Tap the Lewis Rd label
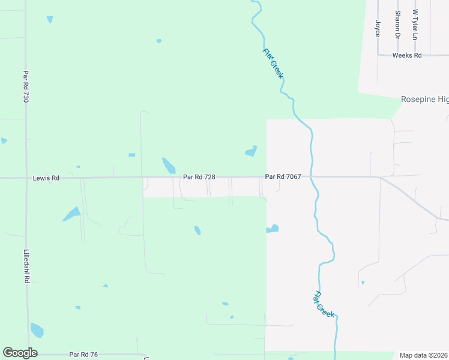47,178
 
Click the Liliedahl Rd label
26,265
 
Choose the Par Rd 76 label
83,355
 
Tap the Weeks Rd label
407,55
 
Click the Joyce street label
378,29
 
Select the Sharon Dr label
397,25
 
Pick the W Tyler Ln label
414,25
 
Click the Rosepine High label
424,99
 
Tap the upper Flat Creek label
273,63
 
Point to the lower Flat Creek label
324,304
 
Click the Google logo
20,353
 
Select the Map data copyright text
424,355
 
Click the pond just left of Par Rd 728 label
169,165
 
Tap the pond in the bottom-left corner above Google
37,330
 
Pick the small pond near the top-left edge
50,19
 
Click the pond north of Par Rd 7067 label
252,151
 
